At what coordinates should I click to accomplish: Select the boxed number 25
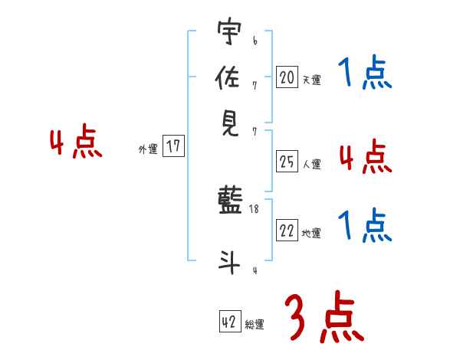pyautogui.click(x=287, y=161)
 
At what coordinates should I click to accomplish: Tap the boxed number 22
pyautogui.click(x=287, y=231)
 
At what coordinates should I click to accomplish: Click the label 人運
pyautogui.click(x=311, y=164)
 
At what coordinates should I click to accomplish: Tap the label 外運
pyautogui.click(x=148, y=150)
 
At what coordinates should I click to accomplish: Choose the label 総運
pyautogui.click(x=255, y=325)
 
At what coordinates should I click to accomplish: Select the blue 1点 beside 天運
pyautogui.click(x=365, y=74)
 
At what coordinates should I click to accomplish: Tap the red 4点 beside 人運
pyautogui.click(x=365, y=157)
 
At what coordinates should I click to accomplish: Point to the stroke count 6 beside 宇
pyautogui.click(x=255, y=40)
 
